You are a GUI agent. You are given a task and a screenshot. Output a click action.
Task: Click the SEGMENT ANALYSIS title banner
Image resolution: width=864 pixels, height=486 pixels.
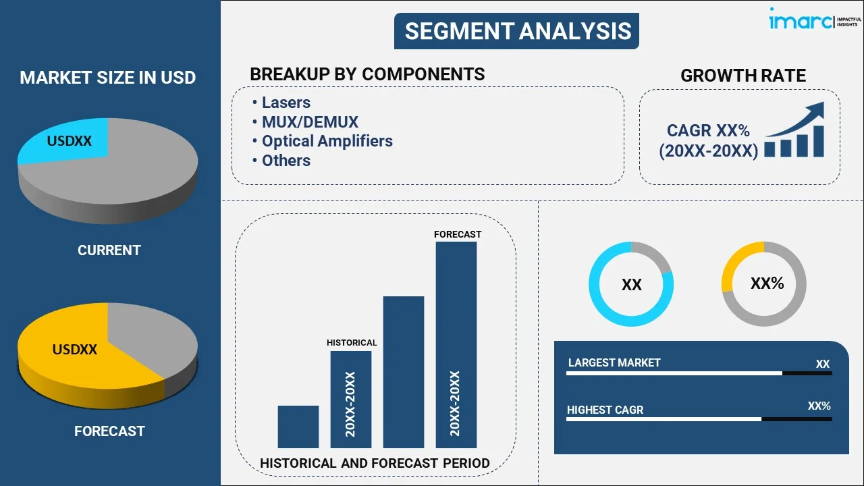coord(517,31)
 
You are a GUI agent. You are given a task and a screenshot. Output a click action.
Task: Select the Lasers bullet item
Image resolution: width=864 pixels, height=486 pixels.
coord(286,103)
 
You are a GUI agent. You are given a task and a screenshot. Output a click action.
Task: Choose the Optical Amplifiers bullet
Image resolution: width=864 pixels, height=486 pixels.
coord(327,141)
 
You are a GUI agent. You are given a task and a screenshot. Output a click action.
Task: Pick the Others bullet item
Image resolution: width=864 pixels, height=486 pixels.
coord(286,161)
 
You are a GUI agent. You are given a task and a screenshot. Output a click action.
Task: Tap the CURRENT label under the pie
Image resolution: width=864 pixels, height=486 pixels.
coord(109,250)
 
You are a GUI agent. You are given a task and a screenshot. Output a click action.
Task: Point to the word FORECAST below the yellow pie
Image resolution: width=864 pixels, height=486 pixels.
coord(109,431)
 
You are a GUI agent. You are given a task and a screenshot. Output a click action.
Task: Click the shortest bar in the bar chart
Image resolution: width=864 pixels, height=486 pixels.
coord(298,427)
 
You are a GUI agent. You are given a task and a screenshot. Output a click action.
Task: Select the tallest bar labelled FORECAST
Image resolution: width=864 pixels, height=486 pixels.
coord(456,344)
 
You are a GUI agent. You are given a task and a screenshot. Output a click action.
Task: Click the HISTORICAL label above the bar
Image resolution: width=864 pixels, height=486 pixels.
coord(352,343)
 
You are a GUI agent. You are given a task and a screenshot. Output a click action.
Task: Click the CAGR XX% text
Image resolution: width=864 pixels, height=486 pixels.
coord(708,131)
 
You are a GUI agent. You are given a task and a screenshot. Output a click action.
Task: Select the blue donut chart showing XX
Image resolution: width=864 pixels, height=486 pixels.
coord(631,284)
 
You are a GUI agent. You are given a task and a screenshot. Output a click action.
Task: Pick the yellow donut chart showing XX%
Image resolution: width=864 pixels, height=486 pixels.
coord(763,284)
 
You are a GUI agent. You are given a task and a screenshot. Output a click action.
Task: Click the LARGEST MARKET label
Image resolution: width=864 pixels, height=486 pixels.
coord(614,363)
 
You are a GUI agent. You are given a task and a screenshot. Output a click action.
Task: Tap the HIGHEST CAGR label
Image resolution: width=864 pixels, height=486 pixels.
coord(605,410)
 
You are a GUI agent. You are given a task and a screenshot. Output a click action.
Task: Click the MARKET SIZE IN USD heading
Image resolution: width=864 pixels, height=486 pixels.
coord(108,78)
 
